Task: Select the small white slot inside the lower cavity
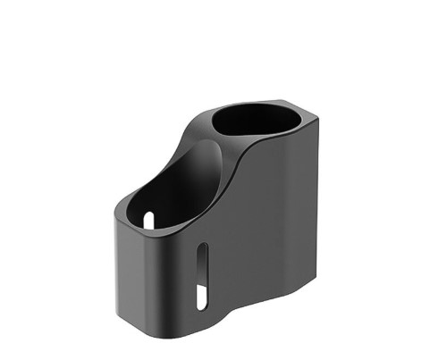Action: coord(149,218)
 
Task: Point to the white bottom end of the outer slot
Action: coord(203,297)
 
